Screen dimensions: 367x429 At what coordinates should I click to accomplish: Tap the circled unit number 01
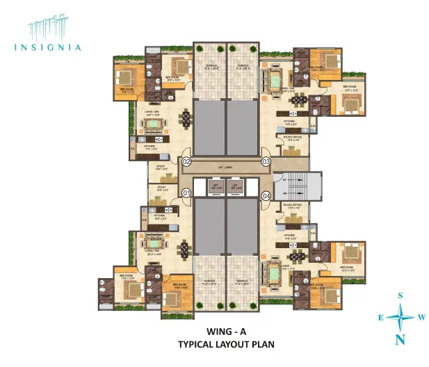pyautogui.click(x=186, y=193)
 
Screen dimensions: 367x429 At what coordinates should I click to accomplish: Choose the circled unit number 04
pyautogui.click(x=266, y=195)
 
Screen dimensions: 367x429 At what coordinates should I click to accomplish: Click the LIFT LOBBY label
pyautogui.click(x=226, y=168)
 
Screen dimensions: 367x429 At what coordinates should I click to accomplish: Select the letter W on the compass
pyautogui.click(x=421, y=318)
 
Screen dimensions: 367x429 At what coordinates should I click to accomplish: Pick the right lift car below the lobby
pyautogui.click(x=236, y=186)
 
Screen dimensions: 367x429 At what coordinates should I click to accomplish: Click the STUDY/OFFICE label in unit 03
pyautogui.click(x=292, y=138)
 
